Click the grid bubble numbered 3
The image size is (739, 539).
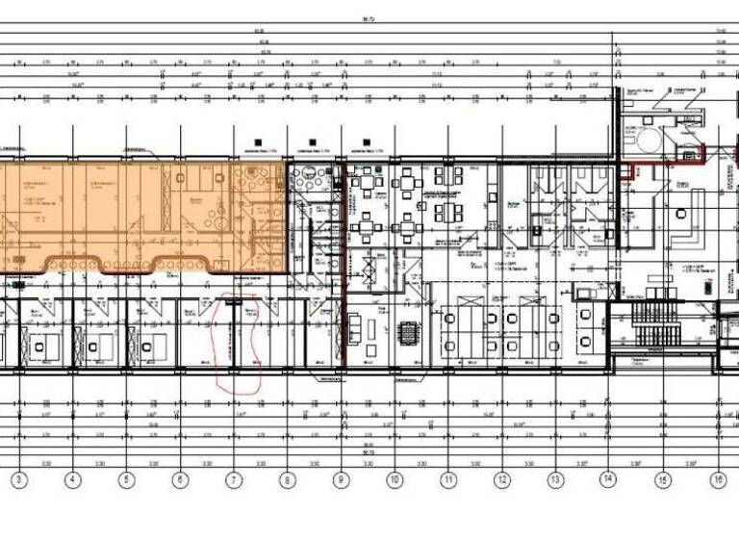click(x=16, y=478)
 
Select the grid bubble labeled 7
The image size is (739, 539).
click(x=232, y=478)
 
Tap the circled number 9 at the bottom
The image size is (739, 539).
click(x=340, y=478)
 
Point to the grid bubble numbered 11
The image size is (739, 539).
click(x=447, y=478)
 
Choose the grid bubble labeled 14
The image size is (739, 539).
click(x=608, y=478)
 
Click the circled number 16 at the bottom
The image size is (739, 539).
click(x=717, y=478)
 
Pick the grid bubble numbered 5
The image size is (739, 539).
click(x=124, y=478)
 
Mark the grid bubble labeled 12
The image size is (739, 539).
click(x=501, y=478)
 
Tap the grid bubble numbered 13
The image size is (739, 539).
click(x=555, y=478)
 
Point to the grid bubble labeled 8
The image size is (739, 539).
click(x=286, y=478)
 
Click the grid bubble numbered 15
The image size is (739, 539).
click(x=662, y=478)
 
